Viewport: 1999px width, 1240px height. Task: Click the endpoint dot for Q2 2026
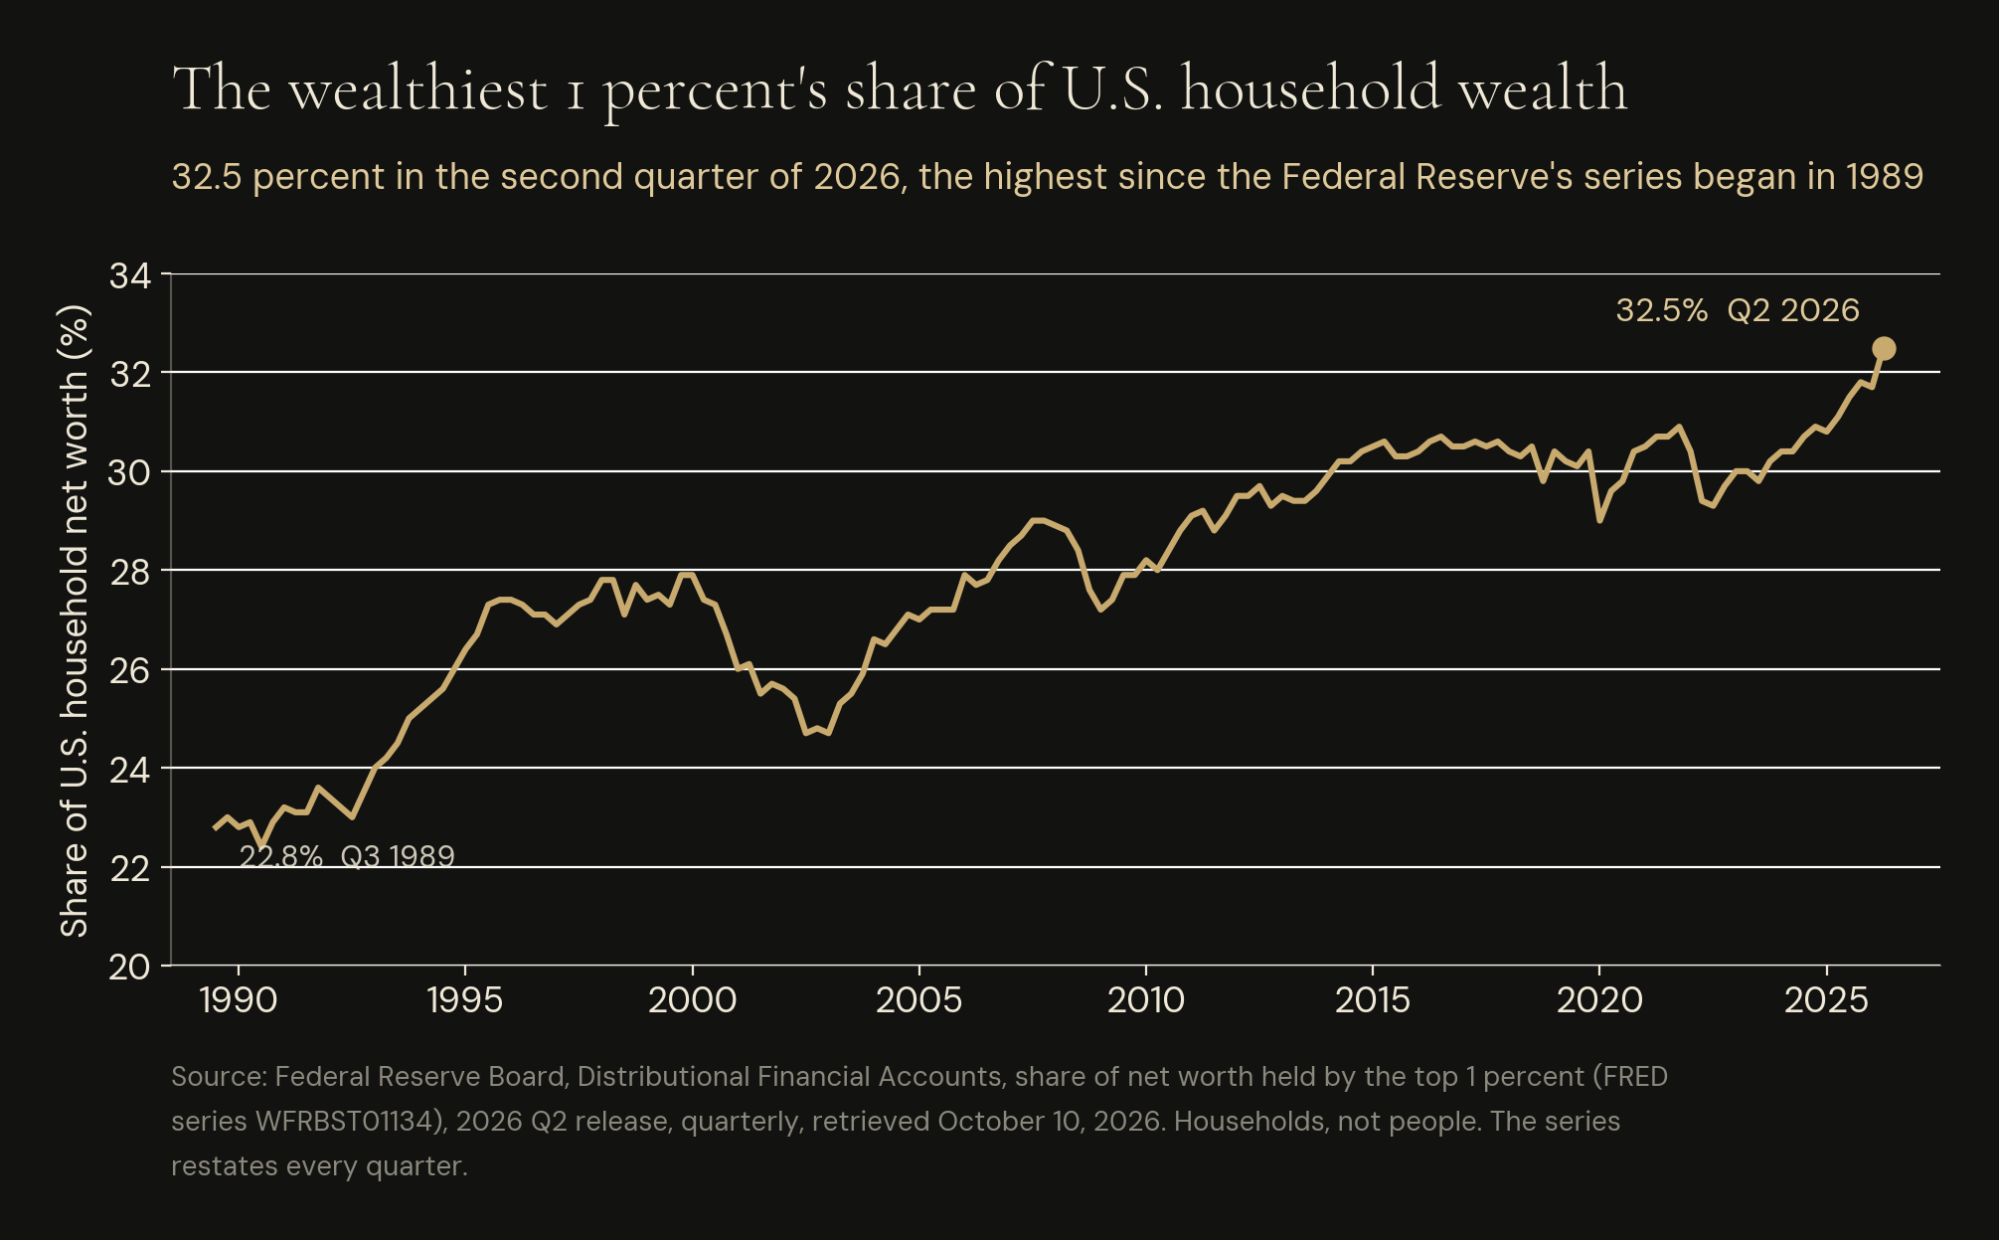1884,348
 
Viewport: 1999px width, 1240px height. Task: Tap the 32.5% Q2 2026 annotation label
1738,310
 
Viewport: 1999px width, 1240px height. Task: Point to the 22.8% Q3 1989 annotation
347,856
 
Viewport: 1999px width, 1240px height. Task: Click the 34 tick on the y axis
130,275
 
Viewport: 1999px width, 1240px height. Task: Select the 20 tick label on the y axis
130,967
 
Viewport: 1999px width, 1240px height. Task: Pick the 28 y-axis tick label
130,572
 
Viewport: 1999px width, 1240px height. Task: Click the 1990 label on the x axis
239,1000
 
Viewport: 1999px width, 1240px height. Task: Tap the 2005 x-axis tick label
919,1000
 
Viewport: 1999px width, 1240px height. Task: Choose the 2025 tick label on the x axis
1827,1000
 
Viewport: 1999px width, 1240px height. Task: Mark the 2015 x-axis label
1373,1000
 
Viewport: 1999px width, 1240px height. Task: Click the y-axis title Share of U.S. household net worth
75,620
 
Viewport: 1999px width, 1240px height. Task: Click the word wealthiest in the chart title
417,89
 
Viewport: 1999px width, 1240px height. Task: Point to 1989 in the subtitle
1885,177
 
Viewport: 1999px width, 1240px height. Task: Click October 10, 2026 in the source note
1050,1122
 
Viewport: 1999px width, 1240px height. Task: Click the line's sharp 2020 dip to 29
1599,520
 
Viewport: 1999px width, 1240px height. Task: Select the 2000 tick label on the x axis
692,1000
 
